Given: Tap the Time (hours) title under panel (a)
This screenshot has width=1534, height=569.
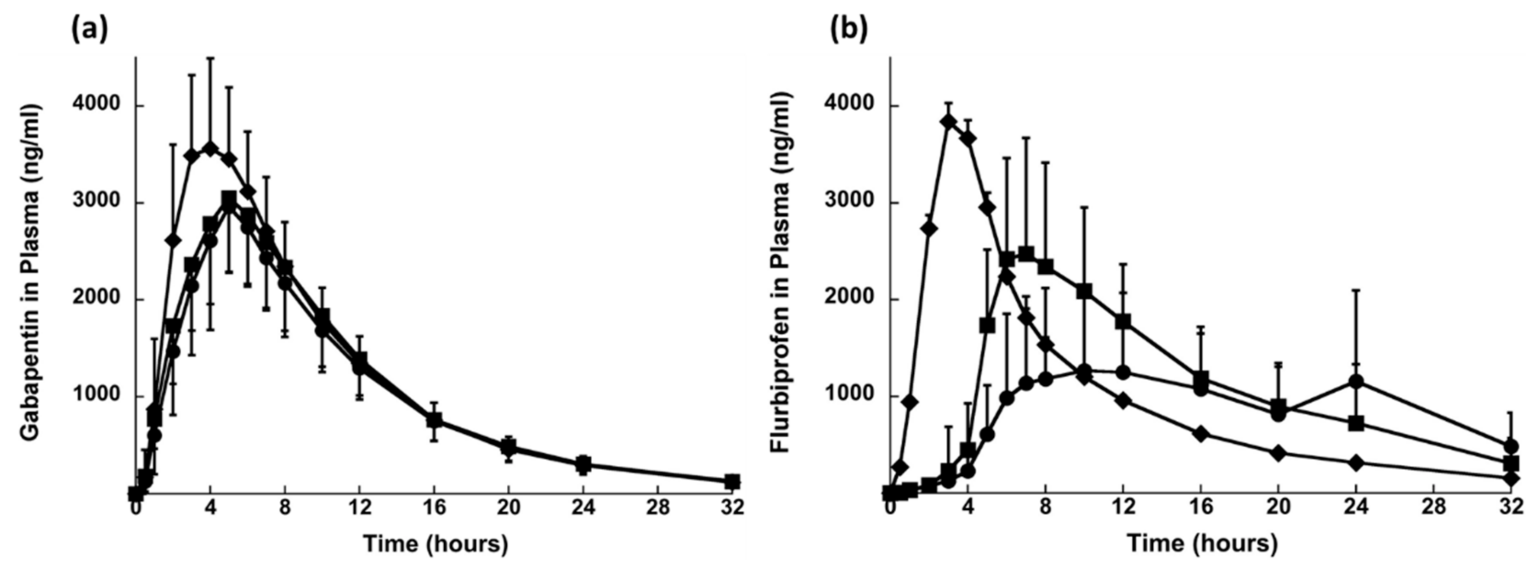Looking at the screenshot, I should [436, 543].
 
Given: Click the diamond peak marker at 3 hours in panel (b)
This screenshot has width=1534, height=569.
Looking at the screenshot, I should [949, 122].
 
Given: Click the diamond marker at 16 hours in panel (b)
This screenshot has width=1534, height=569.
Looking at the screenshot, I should [1200, 434].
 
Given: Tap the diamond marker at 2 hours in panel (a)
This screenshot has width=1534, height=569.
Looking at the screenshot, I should [173, 240].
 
